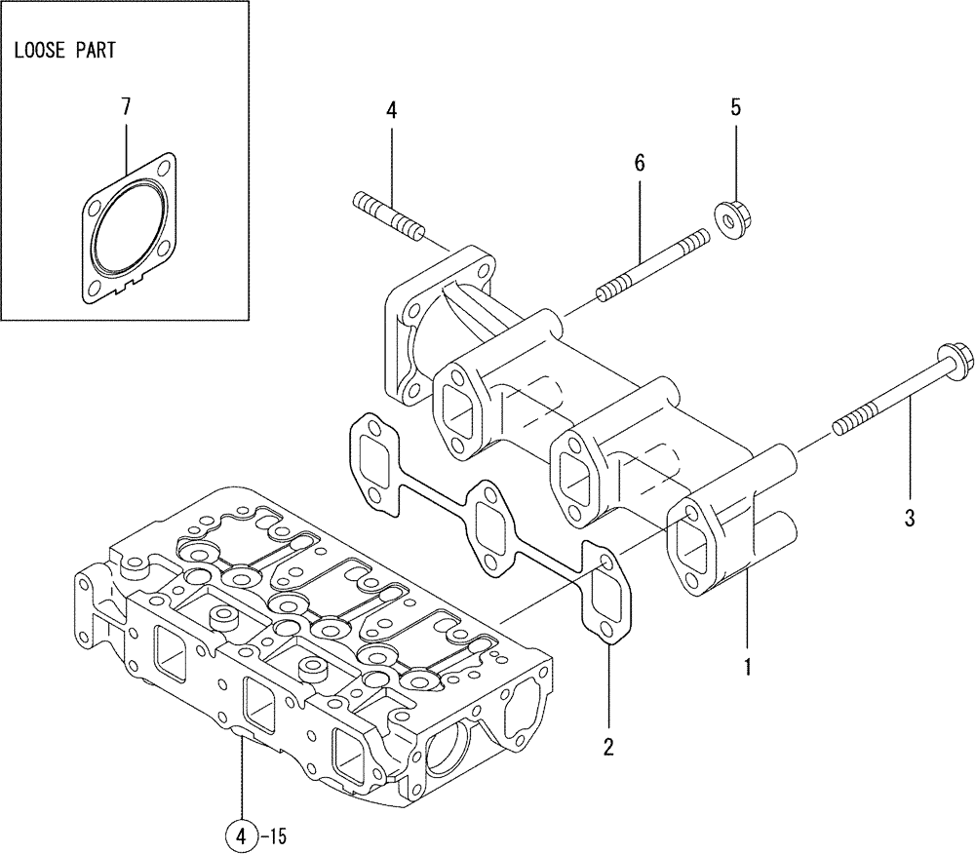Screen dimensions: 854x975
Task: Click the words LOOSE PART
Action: click(64, 51)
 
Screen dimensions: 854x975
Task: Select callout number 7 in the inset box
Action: click(126, 107)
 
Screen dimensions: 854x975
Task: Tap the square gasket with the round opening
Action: click(129, 225)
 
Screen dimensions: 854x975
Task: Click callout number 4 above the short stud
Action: click(391, 111)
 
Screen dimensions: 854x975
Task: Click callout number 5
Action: click(736, 107)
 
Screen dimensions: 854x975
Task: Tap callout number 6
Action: click(640, 164)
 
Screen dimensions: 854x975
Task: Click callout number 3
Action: click(909, 520)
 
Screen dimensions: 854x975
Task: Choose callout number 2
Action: click(607, 748)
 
